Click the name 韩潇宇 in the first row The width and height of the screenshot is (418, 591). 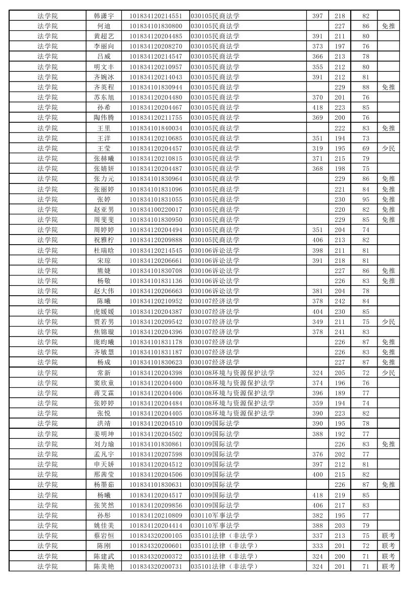[104, 16]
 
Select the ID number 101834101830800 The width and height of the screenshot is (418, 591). [155, 26]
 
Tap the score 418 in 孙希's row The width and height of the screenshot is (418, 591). [317, 108]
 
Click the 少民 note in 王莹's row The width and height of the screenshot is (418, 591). [388, 148]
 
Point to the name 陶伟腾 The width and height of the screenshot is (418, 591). [104, 118]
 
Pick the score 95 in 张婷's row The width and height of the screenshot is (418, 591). [366, 199]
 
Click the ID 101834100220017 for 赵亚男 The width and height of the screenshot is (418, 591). [155, 209]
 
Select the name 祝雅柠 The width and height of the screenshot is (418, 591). [104, 240]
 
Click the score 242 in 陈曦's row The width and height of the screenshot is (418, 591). [340, 301]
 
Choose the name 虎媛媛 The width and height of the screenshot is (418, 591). [104, 311]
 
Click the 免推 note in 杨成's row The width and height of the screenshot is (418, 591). [388, 362]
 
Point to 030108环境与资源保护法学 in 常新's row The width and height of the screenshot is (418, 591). [233, 373]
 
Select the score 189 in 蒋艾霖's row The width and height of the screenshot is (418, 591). [340, 393]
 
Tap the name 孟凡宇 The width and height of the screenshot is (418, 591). [104, 454]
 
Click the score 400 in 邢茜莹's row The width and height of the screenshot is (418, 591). [317, 475]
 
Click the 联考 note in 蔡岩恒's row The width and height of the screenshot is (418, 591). [388, 536]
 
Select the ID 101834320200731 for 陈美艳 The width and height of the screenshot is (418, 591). [155, 566]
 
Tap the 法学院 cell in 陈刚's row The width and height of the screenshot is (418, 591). [48, 546]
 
